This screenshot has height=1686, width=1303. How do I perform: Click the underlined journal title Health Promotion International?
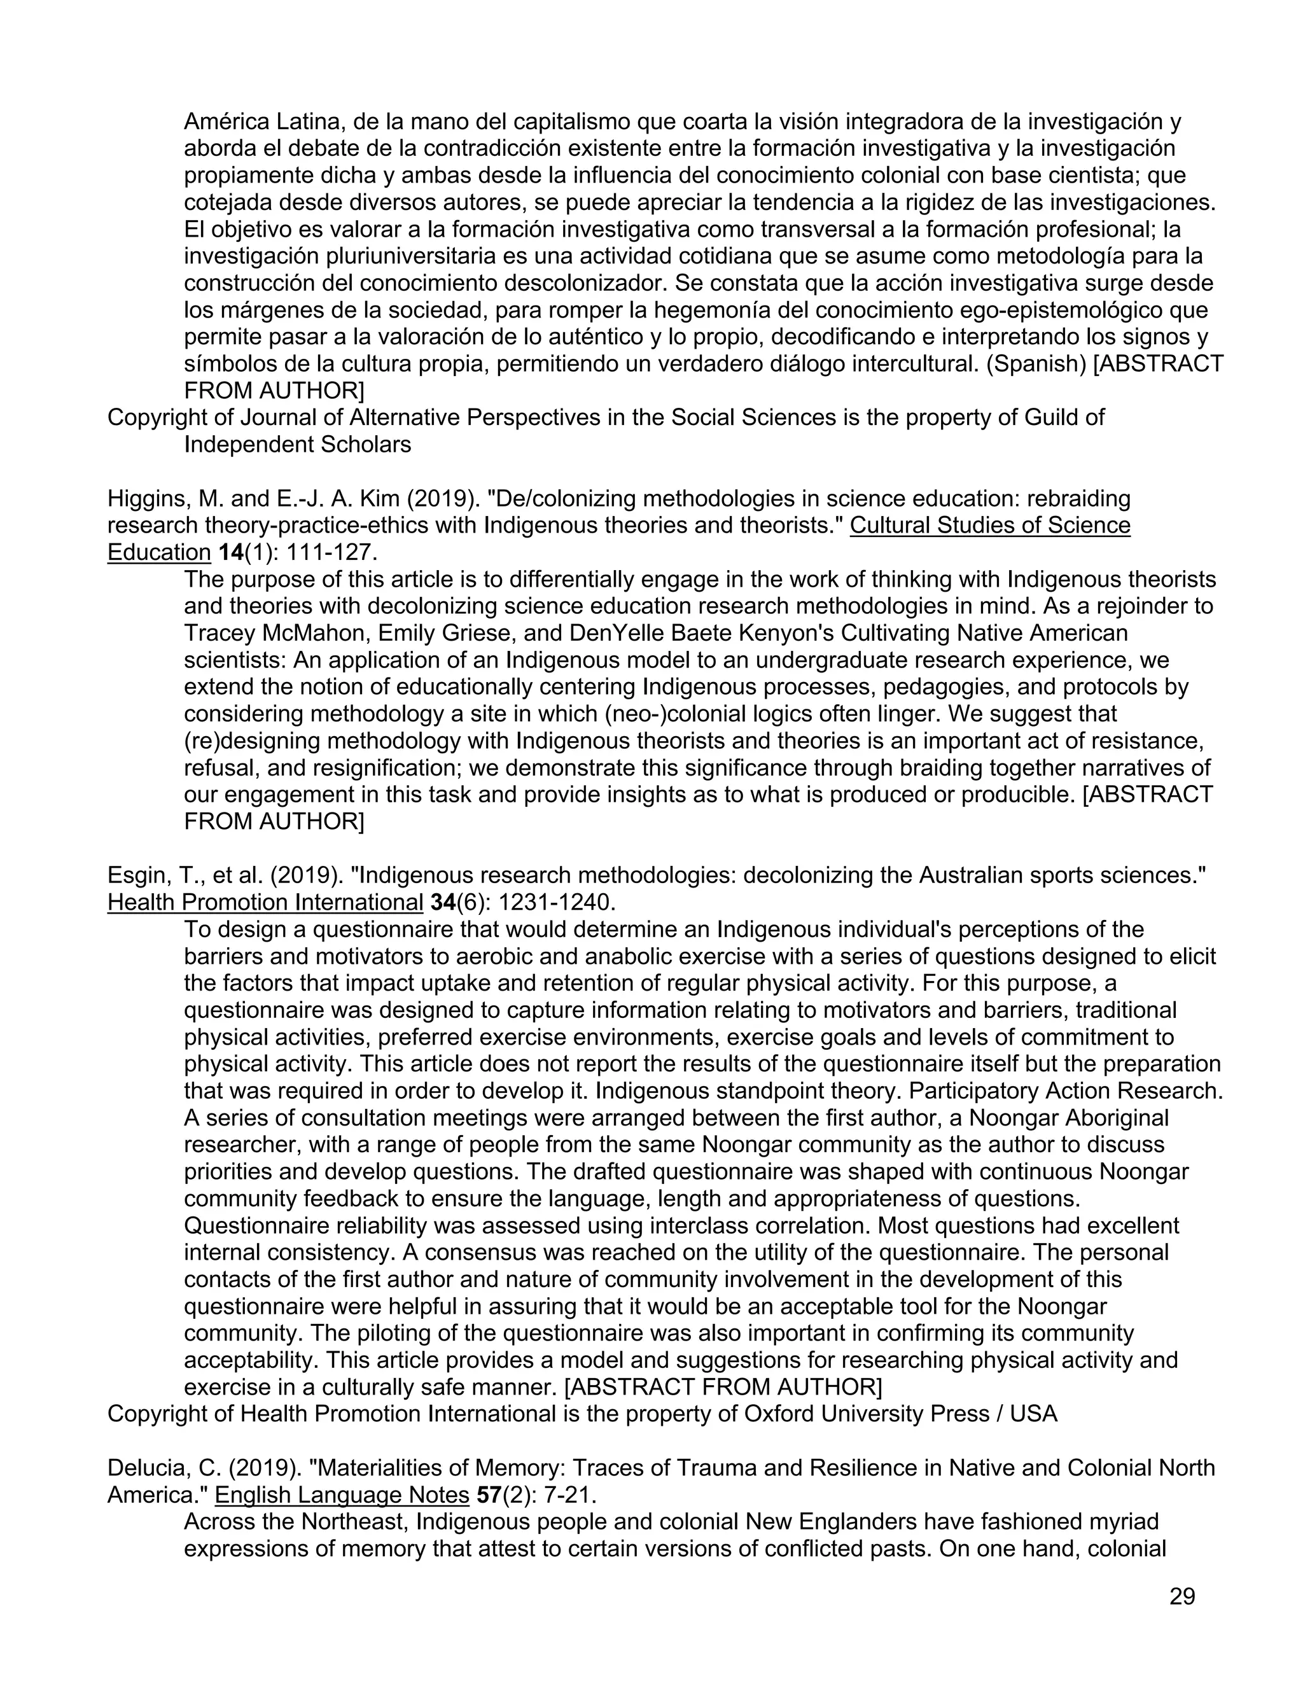tap(265, 902)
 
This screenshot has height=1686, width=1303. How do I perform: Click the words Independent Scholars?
tap(297, 445)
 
